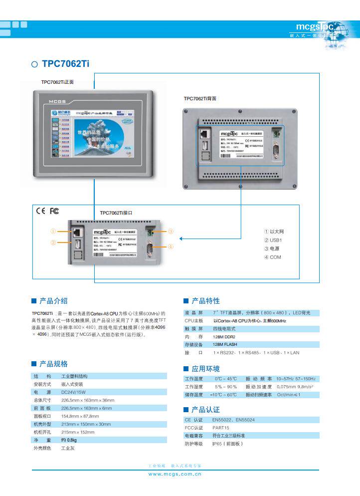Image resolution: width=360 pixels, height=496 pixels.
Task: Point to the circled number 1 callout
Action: [52, 232]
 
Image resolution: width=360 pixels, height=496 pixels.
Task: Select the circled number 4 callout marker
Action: [171, 247]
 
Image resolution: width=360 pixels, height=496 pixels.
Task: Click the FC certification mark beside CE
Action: [54, 211]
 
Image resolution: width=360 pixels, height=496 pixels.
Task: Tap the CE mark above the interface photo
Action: [40, 211]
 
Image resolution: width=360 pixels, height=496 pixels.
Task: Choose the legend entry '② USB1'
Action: [273, 240]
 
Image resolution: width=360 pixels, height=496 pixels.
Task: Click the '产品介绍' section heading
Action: [53, 300]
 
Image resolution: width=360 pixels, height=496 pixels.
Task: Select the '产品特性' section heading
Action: [205, 300]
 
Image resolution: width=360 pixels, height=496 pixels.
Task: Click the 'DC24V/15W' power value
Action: [74, 392]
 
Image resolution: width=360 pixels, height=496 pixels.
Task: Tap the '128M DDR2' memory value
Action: [225, 337]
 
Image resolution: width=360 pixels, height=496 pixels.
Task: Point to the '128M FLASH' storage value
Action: [226, 345]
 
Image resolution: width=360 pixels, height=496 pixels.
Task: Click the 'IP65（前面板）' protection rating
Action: [227, 444]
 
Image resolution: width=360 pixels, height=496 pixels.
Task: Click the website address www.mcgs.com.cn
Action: [175, 475]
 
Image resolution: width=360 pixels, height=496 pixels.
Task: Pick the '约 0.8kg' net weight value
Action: [69, 440]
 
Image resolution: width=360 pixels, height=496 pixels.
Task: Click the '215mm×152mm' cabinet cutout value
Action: [78, 432]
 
